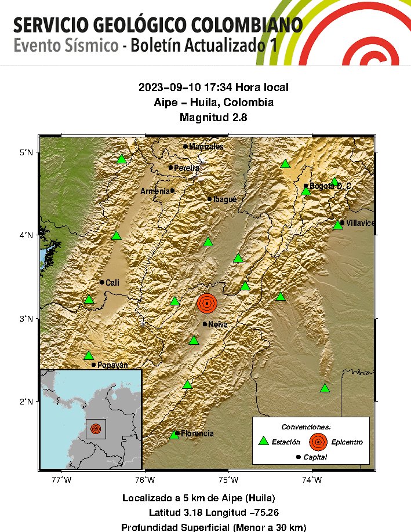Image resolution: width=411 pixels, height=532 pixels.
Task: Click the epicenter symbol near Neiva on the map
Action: (206, 303)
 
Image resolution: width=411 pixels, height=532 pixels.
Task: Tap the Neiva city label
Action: (218, 325)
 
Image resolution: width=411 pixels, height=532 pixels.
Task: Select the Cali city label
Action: (112, 283)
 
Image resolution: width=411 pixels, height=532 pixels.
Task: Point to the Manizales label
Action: (206, 147)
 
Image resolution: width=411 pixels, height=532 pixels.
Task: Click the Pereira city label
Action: (187, 168)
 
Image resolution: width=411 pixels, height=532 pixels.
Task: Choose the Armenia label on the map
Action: (155, 191)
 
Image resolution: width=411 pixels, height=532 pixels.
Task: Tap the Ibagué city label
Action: (225, 199)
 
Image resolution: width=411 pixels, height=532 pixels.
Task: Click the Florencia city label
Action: (197, 433)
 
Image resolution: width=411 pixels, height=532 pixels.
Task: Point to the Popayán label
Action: (111, 365)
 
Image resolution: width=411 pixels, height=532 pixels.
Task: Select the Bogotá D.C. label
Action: (330, 186)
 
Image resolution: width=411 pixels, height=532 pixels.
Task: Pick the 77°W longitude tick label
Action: (61, 479)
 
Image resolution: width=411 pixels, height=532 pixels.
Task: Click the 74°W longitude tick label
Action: (312, 479)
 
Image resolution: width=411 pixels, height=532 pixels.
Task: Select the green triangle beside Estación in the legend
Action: (264, 441)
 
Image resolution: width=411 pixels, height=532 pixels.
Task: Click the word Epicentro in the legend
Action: (347, 442)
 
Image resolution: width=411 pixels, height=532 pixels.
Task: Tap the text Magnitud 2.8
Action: (213, 118)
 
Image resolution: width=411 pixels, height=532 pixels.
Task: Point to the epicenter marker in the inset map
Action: (96, 429)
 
